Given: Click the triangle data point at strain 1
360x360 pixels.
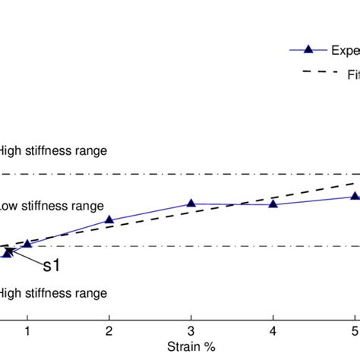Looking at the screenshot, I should (x=27, y=244).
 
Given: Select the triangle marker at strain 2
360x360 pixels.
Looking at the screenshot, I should (x=109, y=220).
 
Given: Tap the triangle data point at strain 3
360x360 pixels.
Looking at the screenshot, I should (x=191, y=204).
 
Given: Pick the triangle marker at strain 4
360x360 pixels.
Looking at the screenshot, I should (x=273, y=205).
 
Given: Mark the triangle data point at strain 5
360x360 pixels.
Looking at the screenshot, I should (x=354, y=197).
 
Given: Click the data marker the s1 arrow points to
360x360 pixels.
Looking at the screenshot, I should (x=7, y=253).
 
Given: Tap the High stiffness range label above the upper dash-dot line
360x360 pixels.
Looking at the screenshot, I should (x=53, y=151).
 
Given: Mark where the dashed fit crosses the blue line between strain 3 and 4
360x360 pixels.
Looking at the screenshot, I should (x=232, y=204).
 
